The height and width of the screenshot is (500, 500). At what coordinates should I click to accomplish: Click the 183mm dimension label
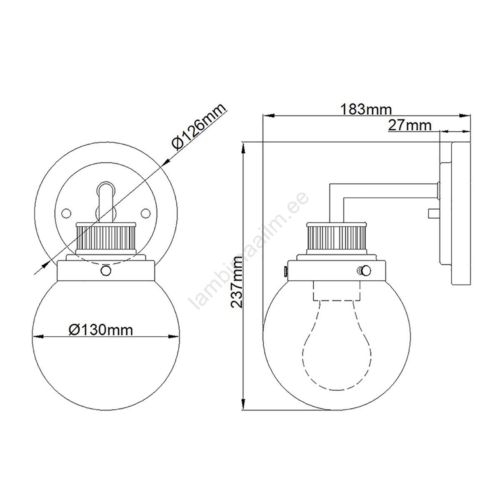pos(365,110)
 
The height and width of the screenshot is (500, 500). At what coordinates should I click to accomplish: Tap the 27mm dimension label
pos(410,125)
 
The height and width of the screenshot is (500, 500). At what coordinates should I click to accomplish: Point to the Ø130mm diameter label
pos(101,330)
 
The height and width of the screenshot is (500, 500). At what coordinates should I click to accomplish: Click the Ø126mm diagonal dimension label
pos(198,127)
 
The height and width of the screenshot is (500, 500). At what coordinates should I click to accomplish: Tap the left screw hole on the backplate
pos(66,213)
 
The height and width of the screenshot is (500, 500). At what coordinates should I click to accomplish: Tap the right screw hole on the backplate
pos(145,213)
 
